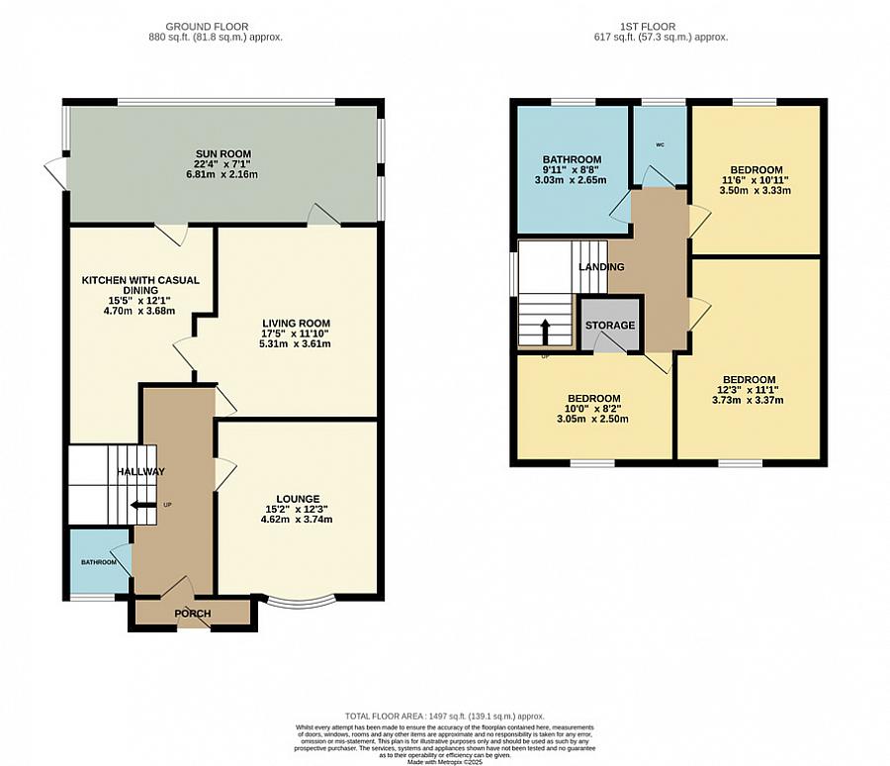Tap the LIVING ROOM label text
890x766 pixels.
coord(296,323)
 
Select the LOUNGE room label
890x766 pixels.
coord(297,498)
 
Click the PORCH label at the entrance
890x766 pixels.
coord(193,614)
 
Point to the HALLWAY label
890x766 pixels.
coord(140,472)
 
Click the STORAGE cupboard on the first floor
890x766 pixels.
coord(610,325)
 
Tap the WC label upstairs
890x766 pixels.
coord(659,145)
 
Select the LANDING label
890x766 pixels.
coord(601,267)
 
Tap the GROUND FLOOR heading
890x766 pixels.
coord(208,26)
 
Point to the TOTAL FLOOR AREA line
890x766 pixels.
coord(444,716)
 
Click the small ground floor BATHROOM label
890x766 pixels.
coord(99,562)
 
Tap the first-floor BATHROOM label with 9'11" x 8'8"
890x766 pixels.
coord(572,159)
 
